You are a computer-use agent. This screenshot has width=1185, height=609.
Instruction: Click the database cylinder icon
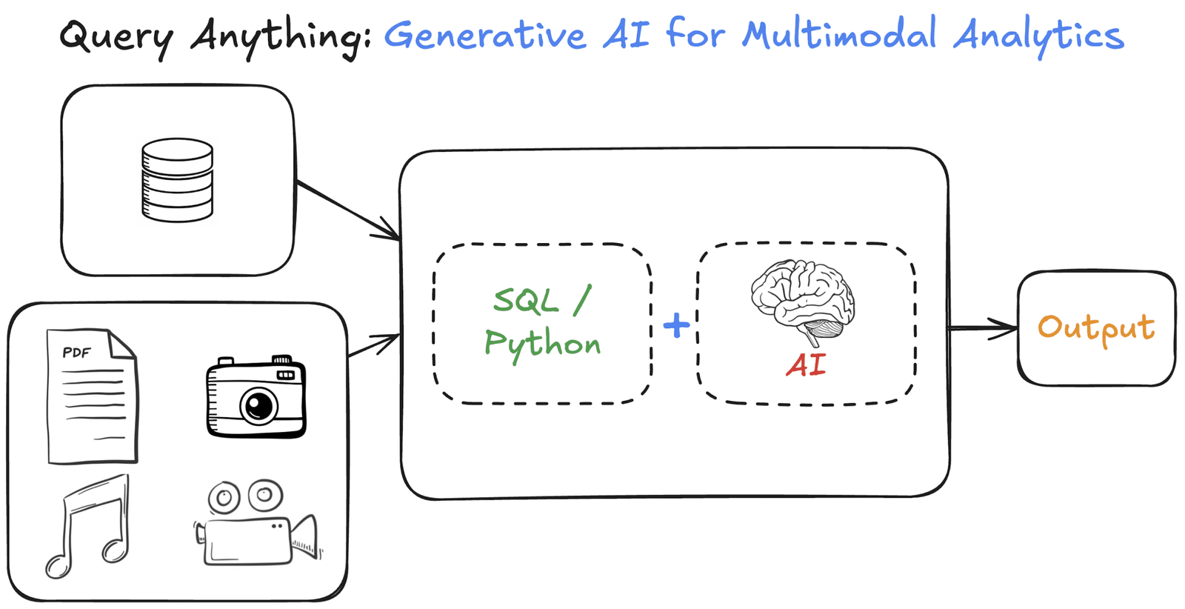(x=177, y=180)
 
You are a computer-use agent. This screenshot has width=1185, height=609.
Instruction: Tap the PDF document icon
(x=92, y=396)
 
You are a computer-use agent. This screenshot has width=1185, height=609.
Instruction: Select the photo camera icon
(x=256, y=398)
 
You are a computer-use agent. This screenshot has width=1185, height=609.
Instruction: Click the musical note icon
(x=89, y=526)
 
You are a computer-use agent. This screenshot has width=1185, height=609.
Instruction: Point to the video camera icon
(x=256, y=525)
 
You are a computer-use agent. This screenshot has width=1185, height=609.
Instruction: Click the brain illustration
(x=803, y=300)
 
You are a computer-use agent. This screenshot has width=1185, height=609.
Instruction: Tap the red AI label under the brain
(x=806, y=365)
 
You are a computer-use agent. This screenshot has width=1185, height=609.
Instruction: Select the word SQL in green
(x=526, y=301)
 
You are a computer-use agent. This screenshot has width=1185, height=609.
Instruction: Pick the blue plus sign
(x=676, y=325)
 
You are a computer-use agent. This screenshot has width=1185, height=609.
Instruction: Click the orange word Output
(x=1095, y=328)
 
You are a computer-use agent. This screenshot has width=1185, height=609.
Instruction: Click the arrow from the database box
(x=348, y=210)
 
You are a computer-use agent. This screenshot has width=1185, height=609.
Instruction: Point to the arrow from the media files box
(x=374, y=345)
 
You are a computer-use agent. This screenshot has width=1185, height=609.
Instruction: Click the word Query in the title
(x=116, y=37)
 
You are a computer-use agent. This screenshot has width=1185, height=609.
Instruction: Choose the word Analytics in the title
(x=1038, y=36)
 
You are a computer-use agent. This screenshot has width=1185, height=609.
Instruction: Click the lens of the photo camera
(x=258, y=406)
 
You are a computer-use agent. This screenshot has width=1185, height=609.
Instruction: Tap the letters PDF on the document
(x=76, y=353)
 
